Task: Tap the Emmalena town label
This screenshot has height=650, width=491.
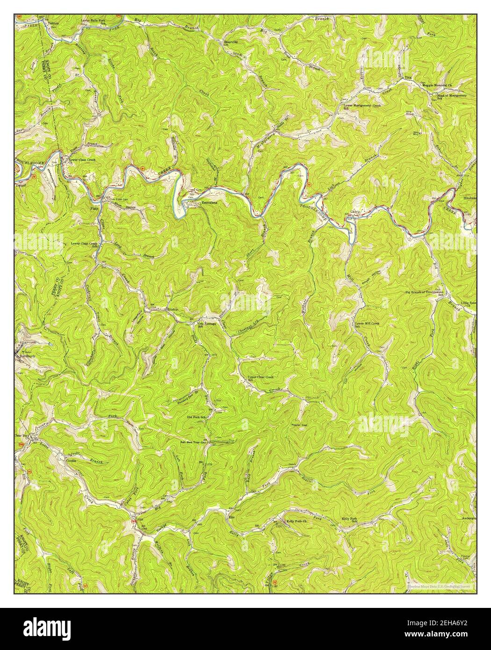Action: pyautogui.click(x=209, y=203)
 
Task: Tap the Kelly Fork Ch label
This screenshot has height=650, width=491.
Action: pyautogui.click(x=295, y=521)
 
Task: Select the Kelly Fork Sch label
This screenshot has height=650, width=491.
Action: pyautogui.click(x=350, y=520)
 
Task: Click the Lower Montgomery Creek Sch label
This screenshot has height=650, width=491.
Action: pyautogui.click(x=363, y=107)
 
